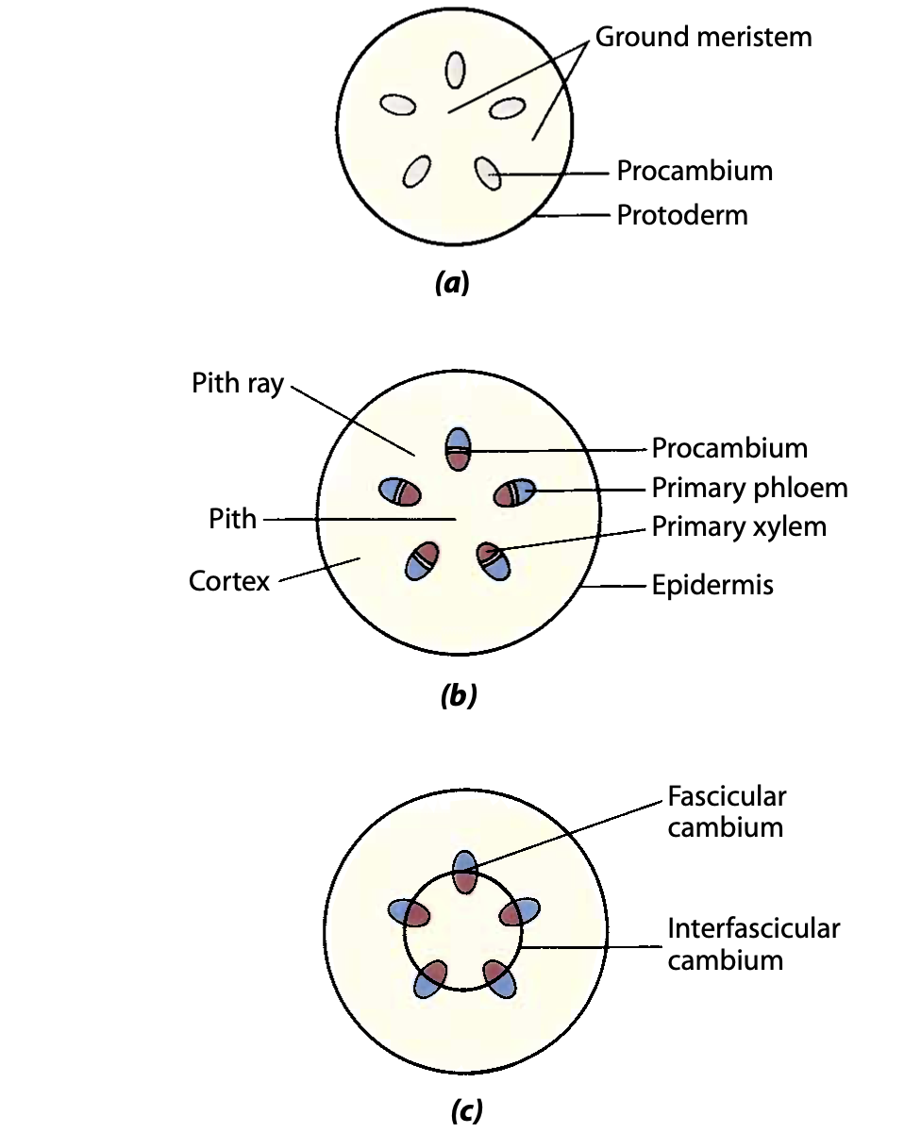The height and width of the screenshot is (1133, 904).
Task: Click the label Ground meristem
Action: tap(703, 37)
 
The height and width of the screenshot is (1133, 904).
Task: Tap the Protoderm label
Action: tap(681, 215)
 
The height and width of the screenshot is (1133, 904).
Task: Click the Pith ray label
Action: tap(238, 384)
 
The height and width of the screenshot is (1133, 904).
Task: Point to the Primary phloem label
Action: tap(749, 488)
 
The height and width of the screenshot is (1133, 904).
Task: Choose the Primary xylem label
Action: tap(739, 526)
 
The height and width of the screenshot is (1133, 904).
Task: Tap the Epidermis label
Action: tap(712, 585)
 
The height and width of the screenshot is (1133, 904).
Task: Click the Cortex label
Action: tap(229, 580)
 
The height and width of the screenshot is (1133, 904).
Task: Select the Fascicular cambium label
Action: tap(726, 811)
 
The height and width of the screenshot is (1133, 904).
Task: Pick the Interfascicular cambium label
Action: tap(753, 943)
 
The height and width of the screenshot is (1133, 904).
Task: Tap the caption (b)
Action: tap(459, 697)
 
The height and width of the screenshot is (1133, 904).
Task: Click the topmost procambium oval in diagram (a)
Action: tap(456, 69)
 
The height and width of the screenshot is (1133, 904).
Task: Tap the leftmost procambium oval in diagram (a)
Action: tap(398, 105)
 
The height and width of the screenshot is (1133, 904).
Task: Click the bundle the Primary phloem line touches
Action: tap(515, 492)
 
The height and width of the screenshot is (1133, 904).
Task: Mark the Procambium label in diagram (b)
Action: tap(729, 448)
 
